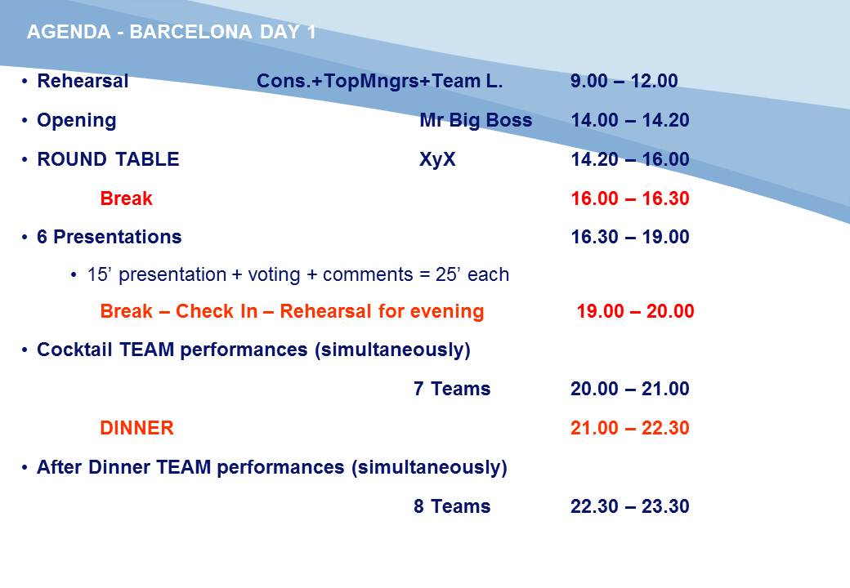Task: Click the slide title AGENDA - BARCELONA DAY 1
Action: (x=172, y=32)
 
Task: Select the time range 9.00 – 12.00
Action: (x=624, y=81)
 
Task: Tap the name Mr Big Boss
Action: (x=476, y=120)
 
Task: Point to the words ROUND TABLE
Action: (x=108, y=159)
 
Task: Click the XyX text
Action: (x=437, y=160)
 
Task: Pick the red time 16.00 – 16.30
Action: (x=630, y=198)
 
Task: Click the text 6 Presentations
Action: (x=109, y=237)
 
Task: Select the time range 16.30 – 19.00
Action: (x=630, y=237)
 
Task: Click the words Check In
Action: (x=217, y=311)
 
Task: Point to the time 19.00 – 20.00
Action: (x=635, y=311)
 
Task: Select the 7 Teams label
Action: (x=451, y=389)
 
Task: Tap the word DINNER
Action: (x=136, y=428)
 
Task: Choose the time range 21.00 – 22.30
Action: (x=630, y=428)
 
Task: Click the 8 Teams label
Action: (x=451, y=506)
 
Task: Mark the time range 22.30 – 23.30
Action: (x=630, y=506)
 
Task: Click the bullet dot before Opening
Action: (x=25, y=120)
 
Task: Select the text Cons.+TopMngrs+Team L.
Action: (x=379, y=81)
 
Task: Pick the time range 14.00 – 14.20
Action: (x=630, y=120)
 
